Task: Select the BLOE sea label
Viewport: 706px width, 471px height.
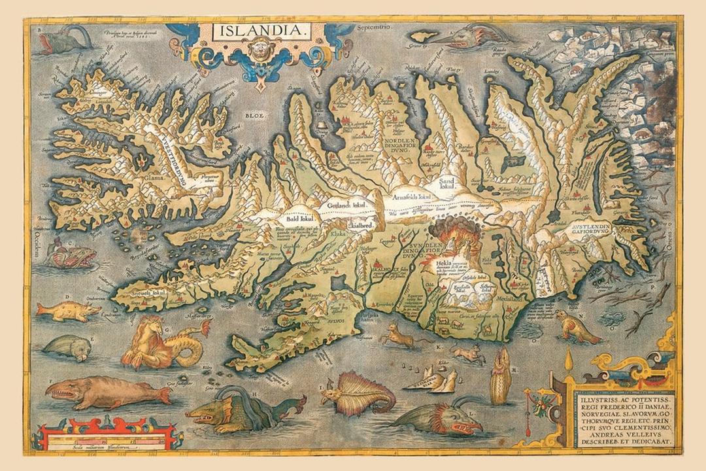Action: (253, 115)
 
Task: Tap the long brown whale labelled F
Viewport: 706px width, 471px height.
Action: (105, 394)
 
